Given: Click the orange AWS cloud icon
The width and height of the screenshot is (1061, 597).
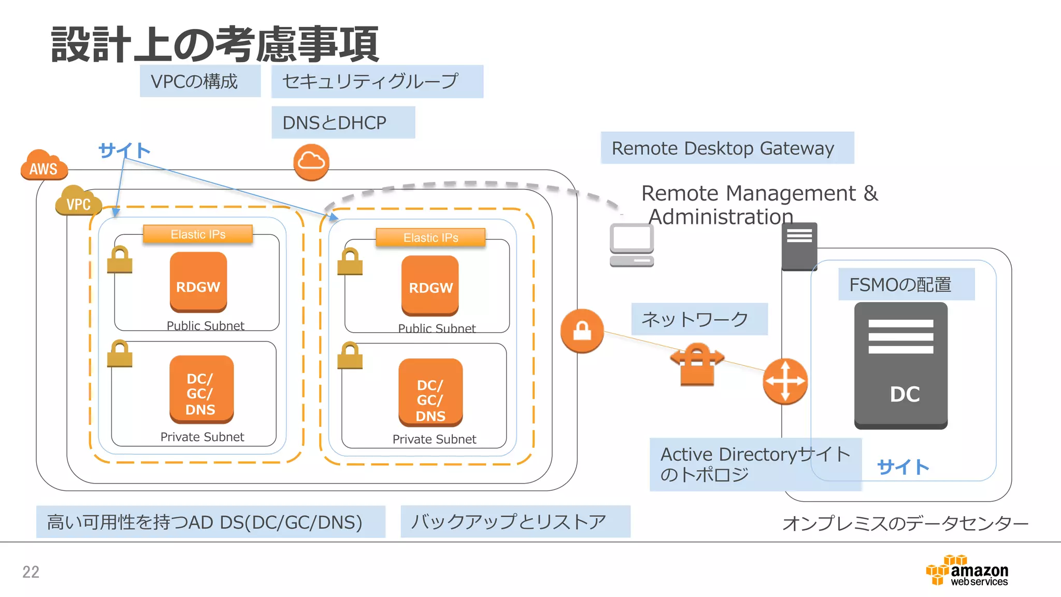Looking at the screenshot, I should coord(44,165).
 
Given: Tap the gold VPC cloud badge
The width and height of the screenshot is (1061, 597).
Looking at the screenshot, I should coord(78,201).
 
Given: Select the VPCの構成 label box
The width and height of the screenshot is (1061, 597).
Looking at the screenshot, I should coord(200,81).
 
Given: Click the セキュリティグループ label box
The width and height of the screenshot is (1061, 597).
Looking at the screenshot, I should coord(377,81).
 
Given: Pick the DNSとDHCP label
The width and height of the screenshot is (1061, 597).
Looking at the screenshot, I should coord(343,123).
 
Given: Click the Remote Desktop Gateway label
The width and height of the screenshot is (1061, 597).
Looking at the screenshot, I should coord(727,148).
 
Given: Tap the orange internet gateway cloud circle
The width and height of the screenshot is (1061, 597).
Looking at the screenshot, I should coord(311,162).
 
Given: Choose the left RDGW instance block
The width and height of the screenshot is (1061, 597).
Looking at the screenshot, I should coord(198,282).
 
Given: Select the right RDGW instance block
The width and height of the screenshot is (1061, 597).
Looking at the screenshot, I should coord(430,286).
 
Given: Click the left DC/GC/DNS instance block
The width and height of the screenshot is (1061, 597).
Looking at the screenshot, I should coord(201,390).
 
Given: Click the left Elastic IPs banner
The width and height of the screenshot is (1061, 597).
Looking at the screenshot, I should coord(198,234).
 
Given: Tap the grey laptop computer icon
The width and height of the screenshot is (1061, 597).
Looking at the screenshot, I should coord(632,245).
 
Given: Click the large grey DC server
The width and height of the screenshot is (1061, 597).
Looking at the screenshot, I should coord(900,365).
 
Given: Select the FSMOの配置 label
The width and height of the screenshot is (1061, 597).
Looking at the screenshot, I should coord(906,285).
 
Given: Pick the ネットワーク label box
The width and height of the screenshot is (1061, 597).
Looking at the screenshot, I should coord(699,319).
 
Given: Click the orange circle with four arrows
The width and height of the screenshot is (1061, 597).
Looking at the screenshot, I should coord(785,381).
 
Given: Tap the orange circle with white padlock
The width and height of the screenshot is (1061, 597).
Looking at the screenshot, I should coord(582,331).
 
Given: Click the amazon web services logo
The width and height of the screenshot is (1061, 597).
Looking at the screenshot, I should coord(967,571).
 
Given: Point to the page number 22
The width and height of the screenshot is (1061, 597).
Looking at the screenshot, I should coord(31,572).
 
